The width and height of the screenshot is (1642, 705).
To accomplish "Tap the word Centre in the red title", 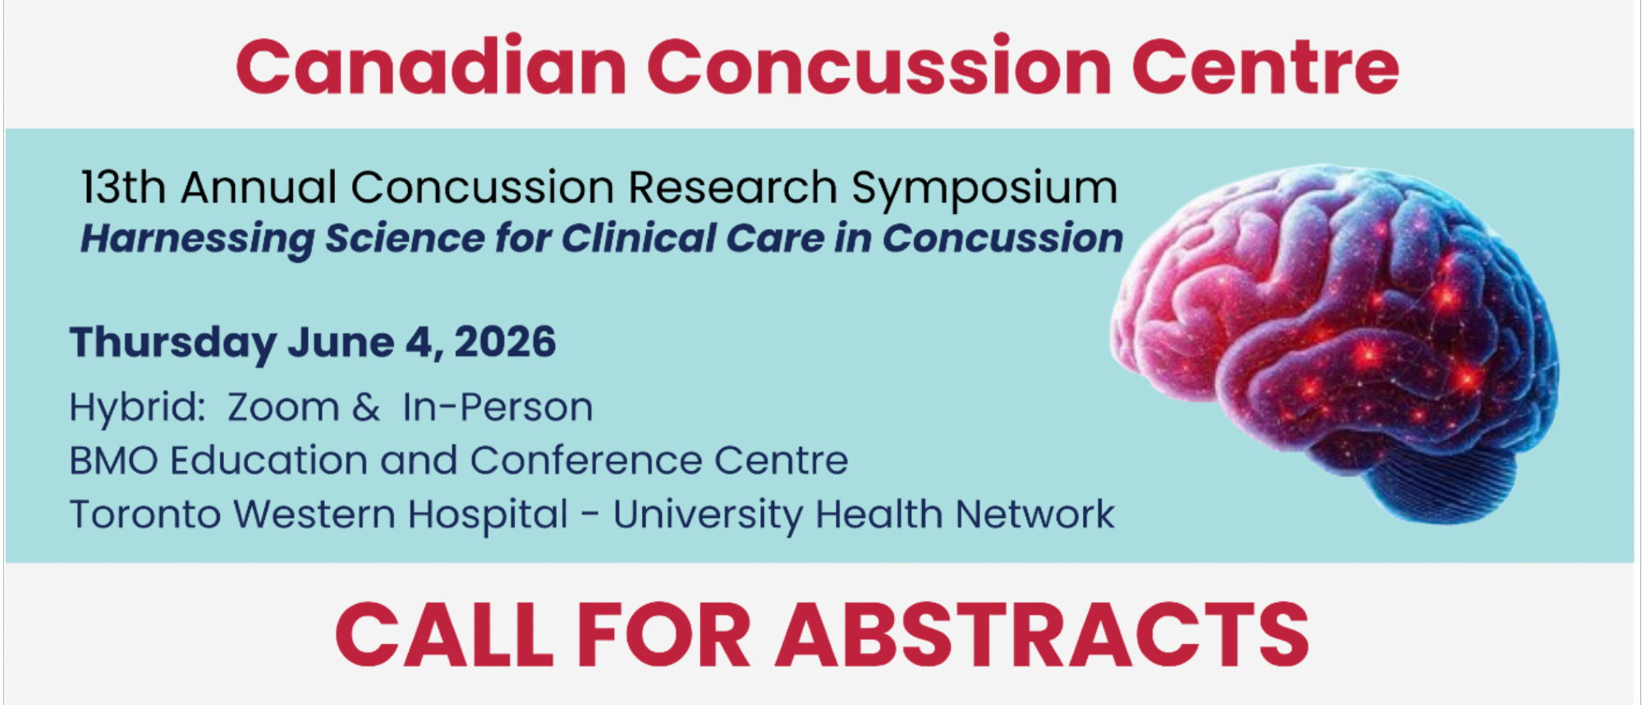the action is (1265, 66).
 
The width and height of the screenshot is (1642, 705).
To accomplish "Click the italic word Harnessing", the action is (197, 240).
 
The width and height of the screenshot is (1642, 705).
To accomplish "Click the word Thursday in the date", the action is (173, 343).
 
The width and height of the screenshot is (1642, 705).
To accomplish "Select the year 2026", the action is (505, 341).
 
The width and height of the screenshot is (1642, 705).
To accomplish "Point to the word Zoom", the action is (283, 408).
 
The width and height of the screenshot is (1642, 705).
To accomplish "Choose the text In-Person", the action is (498, 407).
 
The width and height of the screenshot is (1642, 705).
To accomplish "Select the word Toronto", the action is (145, 515).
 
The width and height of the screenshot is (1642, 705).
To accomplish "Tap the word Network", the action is (1035, 515).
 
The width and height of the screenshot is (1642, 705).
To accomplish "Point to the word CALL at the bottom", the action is (444, 634).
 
